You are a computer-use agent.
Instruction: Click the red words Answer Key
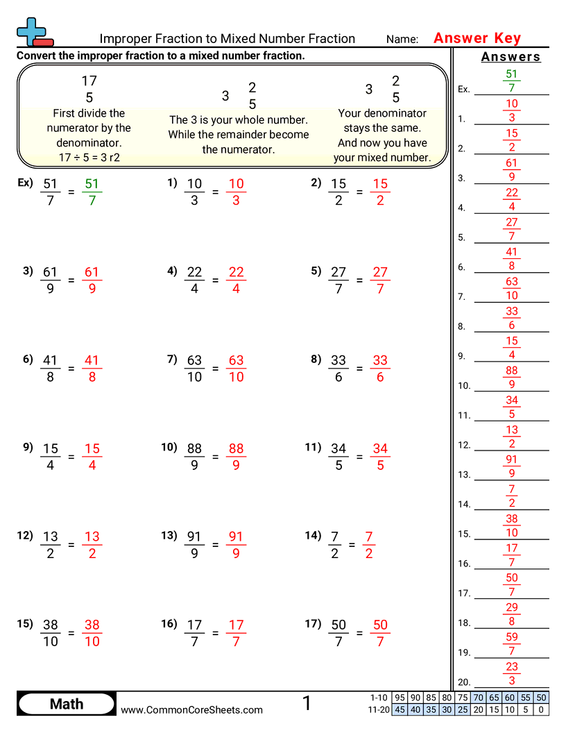(477, 38)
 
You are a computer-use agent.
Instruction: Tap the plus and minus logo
(33, 32)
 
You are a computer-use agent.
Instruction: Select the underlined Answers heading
(511, 57)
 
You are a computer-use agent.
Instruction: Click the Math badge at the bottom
(67, 704)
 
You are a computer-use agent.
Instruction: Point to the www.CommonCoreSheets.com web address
(192, 709)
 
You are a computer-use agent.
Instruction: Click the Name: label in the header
(402, 40)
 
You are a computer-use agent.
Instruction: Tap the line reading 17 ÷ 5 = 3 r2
(89, 158)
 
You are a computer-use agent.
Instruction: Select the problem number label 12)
(25, 535)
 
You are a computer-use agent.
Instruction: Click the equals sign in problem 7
(215, 369)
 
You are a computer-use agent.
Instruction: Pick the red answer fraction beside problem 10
(236, 457)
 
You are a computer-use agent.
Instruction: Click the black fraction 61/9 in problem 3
(50, 280)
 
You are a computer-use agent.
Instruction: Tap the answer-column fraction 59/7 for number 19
(512, 643)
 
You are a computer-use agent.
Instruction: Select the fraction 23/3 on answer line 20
(512, 673)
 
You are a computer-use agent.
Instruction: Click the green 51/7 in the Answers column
(512, 81)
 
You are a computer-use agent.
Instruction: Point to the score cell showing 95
(400, 698)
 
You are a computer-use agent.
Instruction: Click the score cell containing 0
(541, 709)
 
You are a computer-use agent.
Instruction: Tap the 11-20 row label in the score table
(379, 709)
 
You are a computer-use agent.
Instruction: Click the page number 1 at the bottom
(307, 704)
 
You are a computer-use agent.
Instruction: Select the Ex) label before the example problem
(25, 183)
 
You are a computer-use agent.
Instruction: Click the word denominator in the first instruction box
(89, 142)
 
